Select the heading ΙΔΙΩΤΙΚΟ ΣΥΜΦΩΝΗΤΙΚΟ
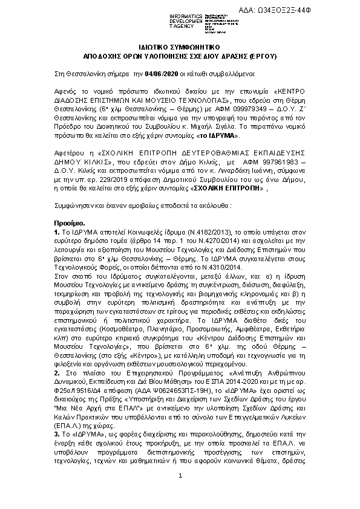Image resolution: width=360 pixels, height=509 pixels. tap(180, 45)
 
